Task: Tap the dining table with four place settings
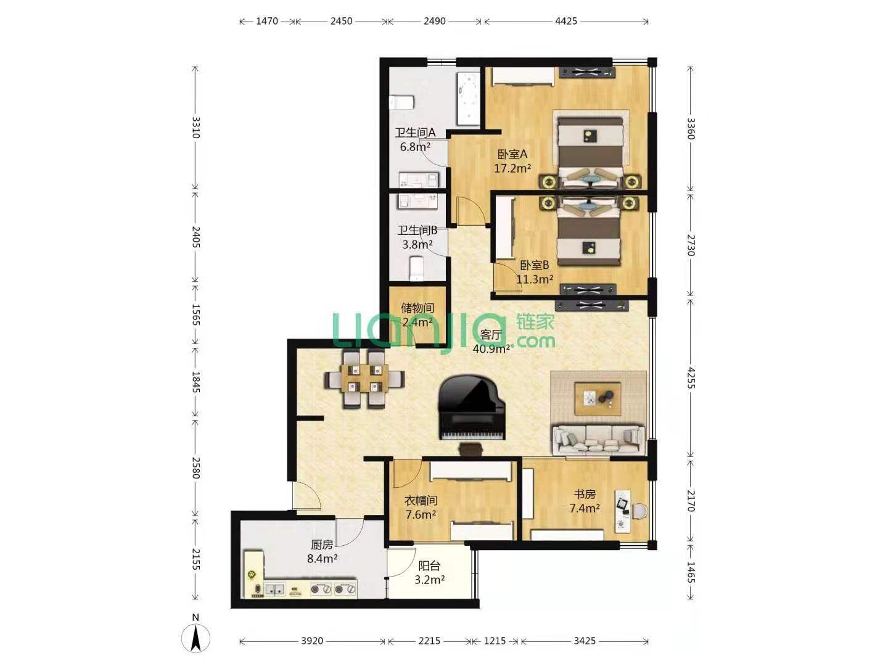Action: click(x=364, y=379)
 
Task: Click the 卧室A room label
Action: click(x=512, y=154)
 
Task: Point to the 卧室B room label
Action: click(x=535, y=265)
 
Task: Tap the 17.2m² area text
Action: click(x=512, y=168)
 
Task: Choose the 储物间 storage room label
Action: click(x=417, y=308)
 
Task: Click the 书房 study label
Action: click(x=585, y=494)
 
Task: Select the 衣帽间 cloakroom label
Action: click(x=421, y=501)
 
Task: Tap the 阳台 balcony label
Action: click(x=429, y=565)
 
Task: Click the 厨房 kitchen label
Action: click(x=322, y=545)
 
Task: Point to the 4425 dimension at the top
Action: click(x=566, y=21)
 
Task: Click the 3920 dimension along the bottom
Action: click(x=312, y=641)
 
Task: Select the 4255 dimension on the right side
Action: click(x=691, y=378)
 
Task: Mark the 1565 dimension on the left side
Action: click(x=196, y=314)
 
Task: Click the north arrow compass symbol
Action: click(x=196, y=638)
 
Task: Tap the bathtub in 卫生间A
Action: click(x=468, y=99)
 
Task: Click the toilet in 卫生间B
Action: click(x=416, y=268)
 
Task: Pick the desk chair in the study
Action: click(x=639, y=511)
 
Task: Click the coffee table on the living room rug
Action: click(x=598, y=399)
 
